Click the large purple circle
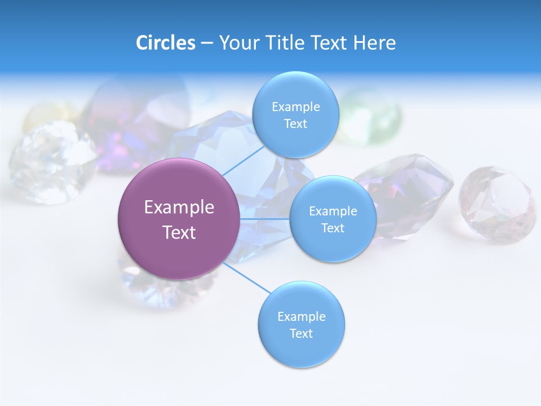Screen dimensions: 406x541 (179, 219)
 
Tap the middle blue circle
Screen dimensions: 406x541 (333, 219)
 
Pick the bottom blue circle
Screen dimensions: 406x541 (301, 325)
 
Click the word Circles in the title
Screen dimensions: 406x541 (166, 43)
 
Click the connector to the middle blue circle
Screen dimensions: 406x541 (265, 219)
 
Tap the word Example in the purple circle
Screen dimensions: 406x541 (179, 207)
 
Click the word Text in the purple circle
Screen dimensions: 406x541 (179, 232)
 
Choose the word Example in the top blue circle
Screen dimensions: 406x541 (296, 107)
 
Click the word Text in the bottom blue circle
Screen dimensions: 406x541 (301, 333)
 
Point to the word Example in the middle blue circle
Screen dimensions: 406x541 (333, 211)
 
